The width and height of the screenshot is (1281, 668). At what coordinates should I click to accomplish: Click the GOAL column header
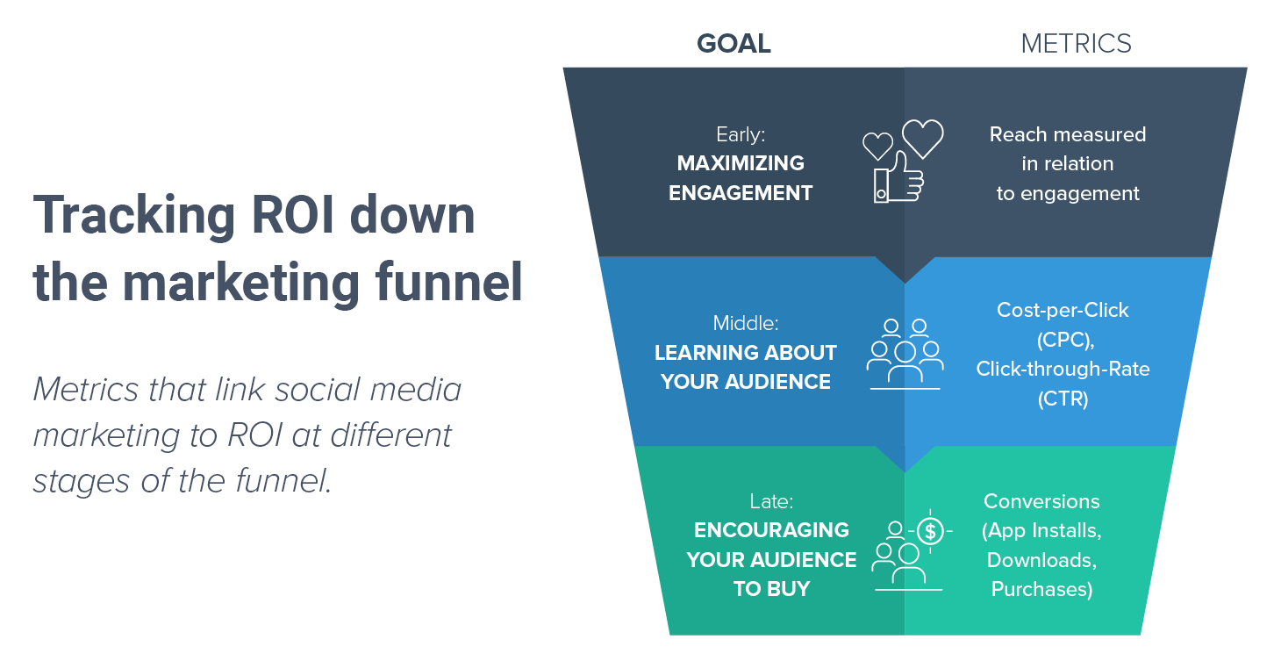pos(734,44)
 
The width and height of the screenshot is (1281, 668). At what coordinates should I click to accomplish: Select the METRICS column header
pos(1076,44)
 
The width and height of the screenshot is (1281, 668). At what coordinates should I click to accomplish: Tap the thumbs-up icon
pos(898,177)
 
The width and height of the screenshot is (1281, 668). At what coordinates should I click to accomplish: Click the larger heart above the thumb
pos(922,139)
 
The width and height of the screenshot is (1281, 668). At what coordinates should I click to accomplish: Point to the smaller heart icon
pos(877,146)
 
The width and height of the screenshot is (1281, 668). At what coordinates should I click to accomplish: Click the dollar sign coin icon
pos(930,531)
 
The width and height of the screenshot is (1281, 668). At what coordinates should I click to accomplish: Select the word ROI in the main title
pos(292,215)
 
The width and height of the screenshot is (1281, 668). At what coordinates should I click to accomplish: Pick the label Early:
pos(741,134)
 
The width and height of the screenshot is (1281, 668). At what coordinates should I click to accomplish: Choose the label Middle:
pos(746,323)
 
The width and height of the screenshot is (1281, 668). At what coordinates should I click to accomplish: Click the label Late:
pos(771,501)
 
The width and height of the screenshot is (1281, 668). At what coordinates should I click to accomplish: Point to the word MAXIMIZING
pos(741,163)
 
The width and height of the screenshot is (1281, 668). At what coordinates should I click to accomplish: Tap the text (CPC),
pos(1065,341)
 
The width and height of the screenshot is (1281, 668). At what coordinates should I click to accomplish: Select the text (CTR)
pos(1063,399)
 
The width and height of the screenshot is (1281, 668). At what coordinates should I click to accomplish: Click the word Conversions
pos(1041,501)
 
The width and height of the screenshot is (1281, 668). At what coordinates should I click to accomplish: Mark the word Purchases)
pos(1041,590)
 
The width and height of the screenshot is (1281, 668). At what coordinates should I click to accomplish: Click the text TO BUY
pos(772,589)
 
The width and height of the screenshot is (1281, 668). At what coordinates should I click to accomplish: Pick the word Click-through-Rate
pos(1063,370)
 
